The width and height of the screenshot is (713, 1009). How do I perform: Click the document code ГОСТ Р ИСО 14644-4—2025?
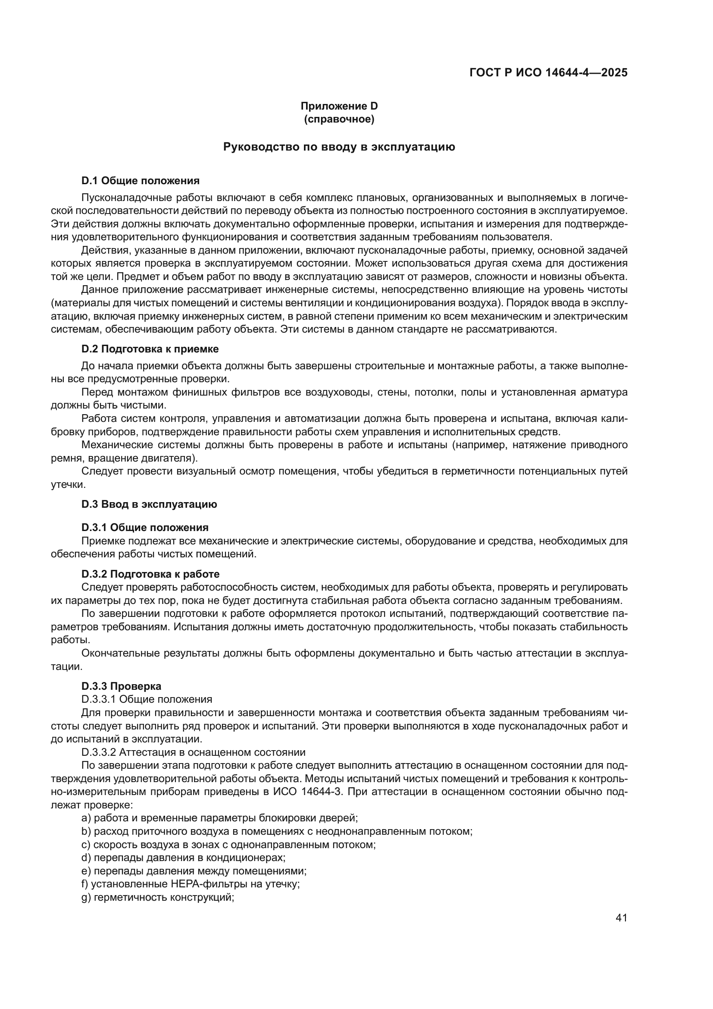click(x=548, y=72)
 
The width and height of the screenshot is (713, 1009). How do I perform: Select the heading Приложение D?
click(x=339, y=106)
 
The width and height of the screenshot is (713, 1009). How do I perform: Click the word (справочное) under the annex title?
click(x=339, y=119)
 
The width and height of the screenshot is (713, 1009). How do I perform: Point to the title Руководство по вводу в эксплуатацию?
click(x=339, y=147)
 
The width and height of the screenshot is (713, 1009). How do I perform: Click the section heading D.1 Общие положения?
click(x=141, y=181)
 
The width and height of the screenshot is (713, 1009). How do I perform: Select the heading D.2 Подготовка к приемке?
click(x=150, y=349)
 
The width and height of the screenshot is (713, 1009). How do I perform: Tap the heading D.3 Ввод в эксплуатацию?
click(x=149, y=504)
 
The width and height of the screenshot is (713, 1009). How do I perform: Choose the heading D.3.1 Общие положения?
click(x=145, y=527)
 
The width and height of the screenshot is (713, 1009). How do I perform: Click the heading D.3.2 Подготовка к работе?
click(x=150, y=574)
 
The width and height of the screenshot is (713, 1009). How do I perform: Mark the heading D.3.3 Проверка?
click(x=121, y=686)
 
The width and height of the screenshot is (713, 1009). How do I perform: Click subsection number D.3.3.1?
click(x=99, y=699)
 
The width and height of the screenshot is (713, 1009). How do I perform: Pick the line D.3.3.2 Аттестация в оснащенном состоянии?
click(x=193, y=752)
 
